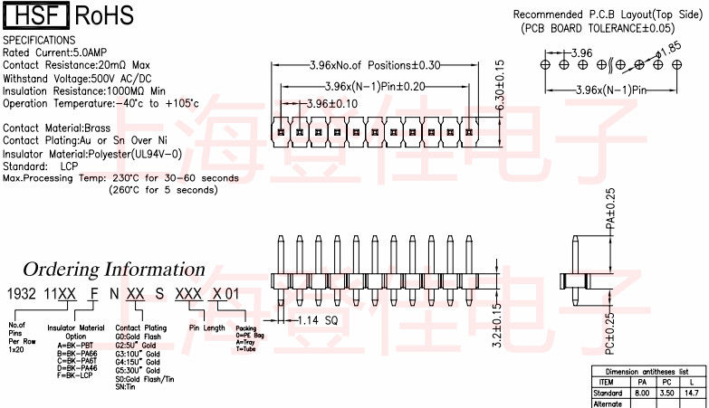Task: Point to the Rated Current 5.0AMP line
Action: (57, 52)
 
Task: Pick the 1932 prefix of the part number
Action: (21, 295)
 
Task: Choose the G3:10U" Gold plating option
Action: (138, 354)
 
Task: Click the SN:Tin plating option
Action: (126, 387)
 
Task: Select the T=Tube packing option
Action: (247, 348)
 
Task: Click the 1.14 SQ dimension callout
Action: (318, 319)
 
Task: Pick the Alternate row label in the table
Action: (608, 403)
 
